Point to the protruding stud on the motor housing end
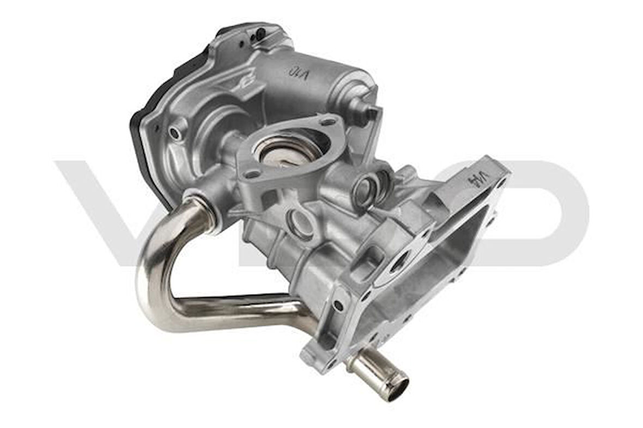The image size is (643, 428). click(372, 113)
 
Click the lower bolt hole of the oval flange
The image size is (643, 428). click(252, 174)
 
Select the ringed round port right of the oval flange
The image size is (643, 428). click(366, 188)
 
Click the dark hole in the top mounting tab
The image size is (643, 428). click(260, 33)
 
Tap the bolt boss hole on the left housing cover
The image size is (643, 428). click(175, 132)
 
